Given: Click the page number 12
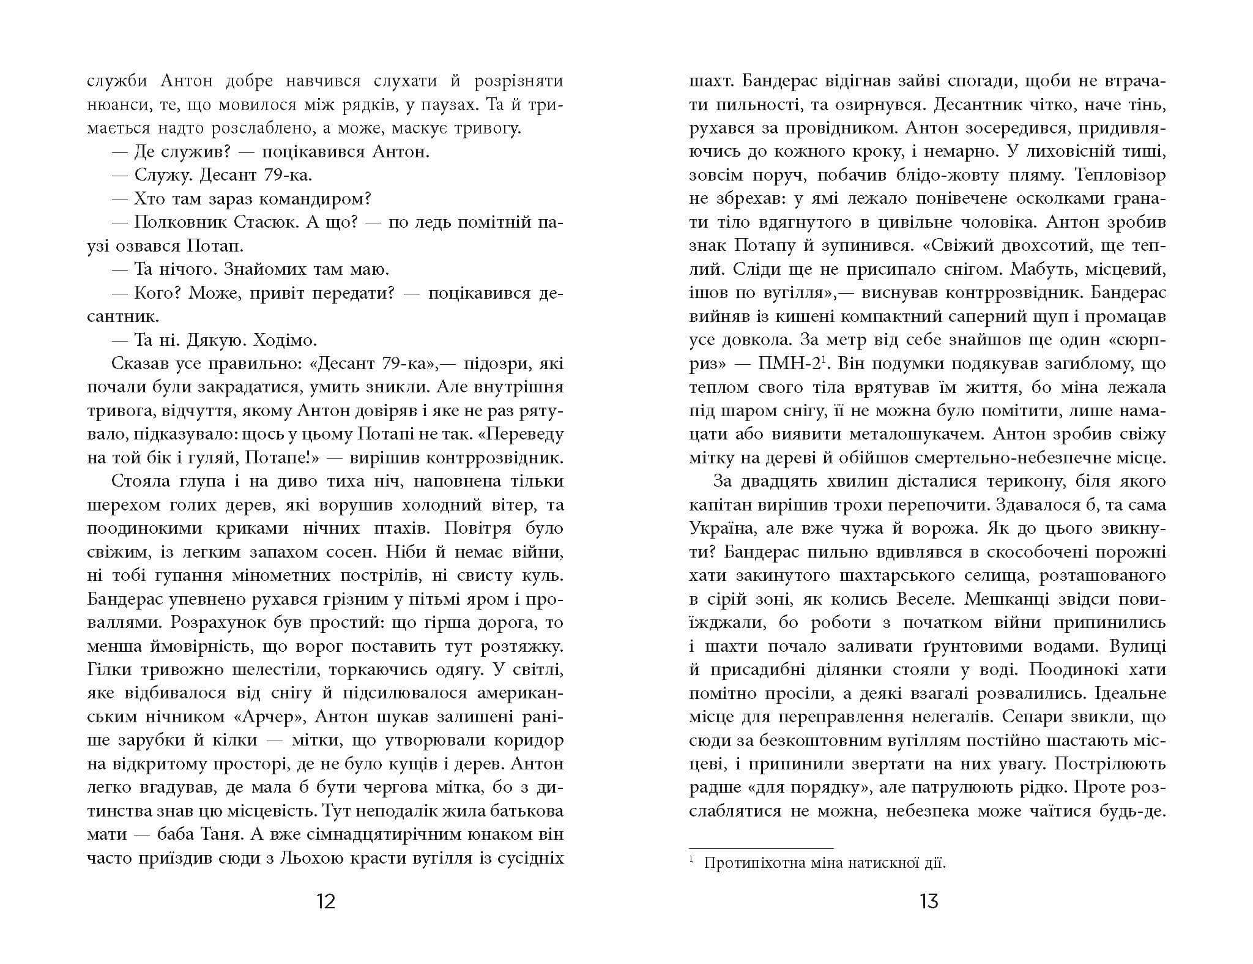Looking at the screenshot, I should click(x=326, y=902).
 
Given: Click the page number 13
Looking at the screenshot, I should click(x=928, y=902).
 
